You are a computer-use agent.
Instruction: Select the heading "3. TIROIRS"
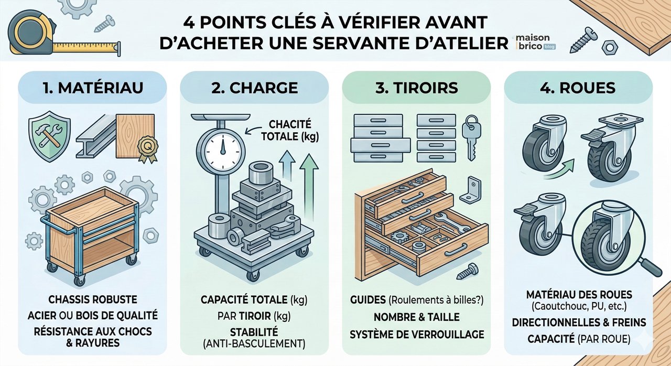417,87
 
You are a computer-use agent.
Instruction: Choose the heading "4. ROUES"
578,87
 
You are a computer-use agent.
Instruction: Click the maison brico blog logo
535,42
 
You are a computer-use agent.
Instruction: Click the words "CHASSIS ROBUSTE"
92,300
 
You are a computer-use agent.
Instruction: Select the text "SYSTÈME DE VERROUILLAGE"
417,334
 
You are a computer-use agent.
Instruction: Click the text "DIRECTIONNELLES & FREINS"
579,322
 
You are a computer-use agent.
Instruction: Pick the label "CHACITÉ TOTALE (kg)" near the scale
290,131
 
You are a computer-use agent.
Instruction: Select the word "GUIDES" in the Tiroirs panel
367,300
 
